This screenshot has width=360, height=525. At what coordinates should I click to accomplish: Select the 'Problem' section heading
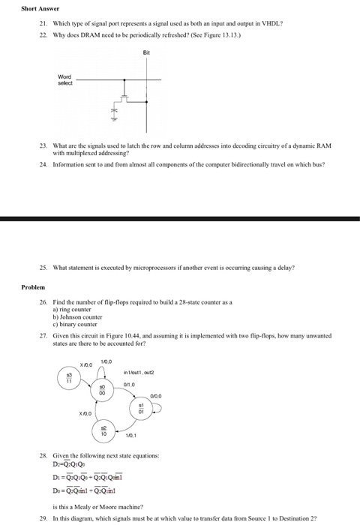[33, 286]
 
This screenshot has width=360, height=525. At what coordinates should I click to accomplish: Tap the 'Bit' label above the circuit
[147, 52]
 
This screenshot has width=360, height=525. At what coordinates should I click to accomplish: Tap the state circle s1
[139, 409]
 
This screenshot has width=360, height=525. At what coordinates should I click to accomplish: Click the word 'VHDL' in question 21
[275, 23]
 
